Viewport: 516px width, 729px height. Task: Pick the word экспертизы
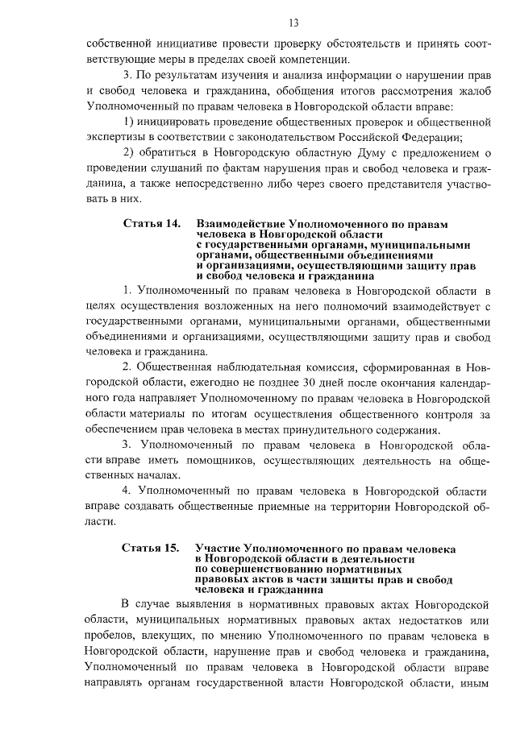click(116, 136)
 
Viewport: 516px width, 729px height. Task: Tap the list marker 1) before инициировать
click(130, 121)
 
